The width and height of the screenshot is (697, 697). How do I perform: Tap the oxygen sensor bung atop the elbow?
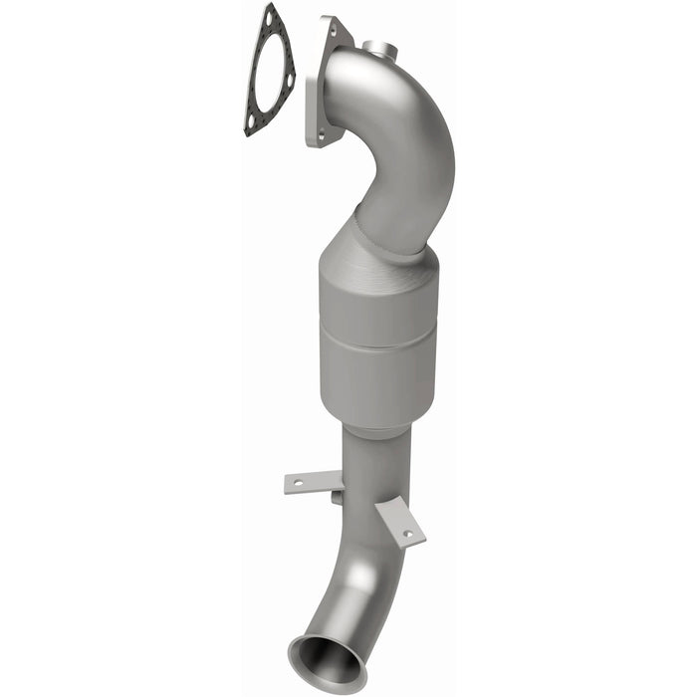click(x=376, y=48)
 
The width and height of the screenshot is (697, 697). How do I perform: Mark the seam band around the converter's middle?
click(x=379, y=339)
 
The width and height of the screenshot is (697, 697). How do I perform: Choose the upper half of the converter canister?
click(x=379, y=299)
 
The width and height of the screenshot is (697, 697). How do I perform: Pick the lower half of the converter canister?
click(x=378, y=383)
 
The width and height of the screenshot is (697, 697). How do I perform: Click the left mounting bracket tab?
click(x=312, y=483)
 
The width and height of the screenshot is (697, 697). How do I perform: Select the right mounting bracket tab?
click(x=400, y=523)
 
